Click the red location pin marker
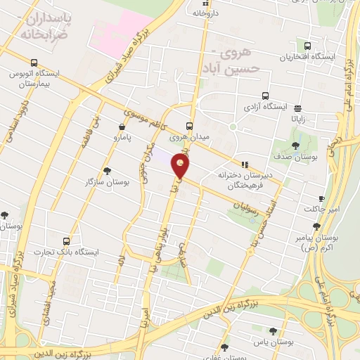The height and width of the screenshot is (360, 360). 181,167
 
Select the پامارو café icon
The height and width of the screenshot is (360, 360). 123,128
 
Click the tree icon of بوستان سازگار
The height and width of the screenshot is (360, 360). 107,171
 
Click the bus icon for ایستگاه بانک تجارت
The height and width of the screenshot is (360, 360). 66,240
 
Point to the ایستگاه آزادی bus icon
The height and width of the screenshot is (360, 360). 265,96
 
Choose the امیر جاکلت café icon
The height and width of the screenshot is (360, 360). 321,198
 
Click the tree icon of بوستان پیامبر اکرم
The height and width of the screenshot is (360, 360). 316,226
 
